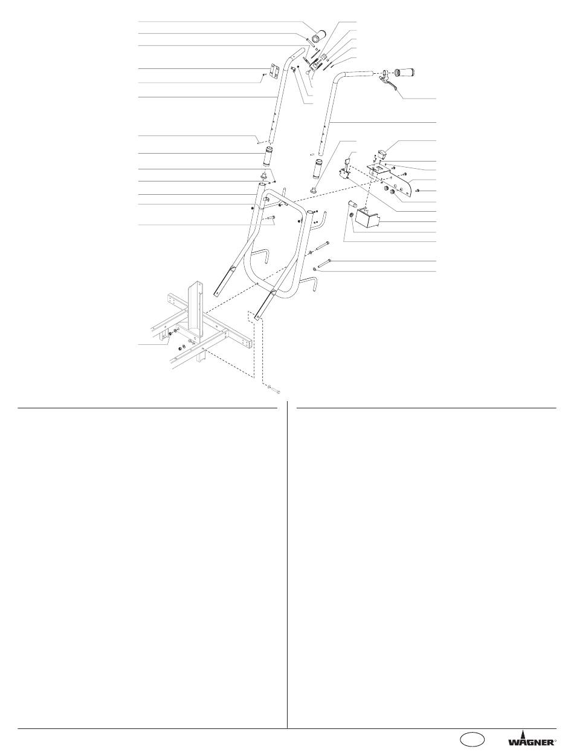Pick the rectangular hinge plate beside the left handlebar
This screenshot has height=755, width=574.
(x=274, y=71)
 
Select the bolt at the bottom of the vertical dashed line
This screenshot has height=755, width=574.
(x=272, y=391)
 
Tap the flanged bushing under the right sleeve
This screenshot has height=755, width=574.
(x=314, y=191)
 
